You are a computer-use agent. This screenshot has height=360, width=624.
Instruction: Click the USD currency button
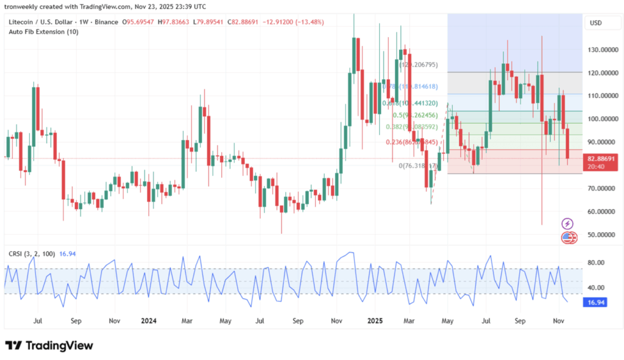coord(595,23)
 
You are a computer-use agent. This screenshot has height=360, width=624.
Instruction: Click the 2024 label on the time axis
coord(149,319)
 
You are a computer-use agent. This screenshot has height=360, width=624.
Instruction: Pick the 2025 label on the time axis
coord(374,319)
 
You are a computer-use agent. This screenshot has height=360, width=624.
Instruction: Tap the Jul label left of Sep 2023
coord(38,319)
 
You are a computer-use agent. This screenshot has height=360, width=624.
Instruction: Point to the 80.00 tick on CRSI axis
coord(595,263)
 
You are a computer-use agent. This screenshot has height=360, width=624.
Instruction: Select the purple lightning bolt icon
coord(567,224)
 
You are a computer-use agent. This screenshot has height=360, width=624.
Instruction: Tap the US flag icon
coord(568,238)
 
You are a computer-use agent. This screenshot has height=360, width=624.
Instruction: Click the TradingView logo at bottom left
coord(49,345)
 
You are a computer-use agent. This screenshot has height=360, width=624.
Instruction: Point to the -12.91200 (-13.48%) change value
coord(294,22)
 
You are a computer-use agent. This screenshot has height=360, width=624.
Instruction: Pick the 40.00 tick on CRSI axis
coord(595,288)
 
